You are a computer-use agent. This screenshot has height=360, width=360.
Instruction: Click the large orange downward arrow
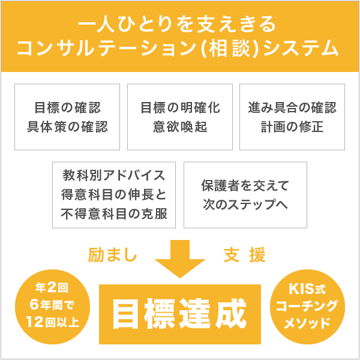click(180, 259)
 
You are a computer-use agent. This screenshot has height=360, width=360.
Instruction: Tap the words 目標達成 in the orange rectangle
click(179, 314)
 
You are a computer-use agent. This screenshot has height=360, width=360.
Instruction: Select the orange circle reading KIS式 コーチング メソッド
click(307, 307)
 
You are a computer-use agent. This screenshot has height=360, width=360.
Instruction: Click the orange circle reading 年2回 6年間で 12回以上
click(53, 307)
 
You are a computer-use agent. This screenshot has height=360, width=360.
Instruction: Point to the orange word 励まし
click(113, 254)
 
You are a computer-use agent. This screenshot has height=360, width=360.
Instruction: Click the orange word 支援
click(245, 254)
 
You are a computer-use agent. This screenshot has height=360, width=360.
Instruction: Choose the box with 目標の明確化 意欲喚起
click(180, 117)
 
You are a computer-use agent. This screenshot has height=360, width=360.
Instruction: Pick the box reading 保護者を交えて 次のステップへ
click(245, 195)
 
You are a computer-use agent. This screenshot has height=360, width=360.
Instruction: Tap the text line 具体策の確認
click(67, 127)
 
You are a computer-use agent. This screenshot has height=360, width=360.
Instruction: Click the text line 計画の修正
click(292, 127)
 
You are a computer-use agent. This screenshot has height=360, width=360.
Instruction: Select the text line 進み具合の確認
click(292, 107)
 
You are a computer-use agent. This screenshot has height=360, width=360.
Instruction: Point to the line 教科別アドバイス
click(114, 175)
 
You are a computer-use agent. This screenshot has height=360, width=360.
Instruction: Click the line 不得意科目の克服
click(114, 214)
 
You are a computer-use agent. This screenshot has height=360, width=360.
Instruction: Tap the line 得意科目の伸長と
click(114, 194)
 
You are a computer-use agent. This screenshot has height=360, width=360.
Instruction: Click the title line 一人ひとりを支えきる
click(177, 24)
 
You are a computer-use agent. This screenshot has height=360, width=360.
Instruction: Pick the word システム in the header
click(301, 49)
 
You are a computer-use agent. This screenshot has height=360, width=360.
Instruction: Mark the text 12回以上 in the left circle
click(53, 322)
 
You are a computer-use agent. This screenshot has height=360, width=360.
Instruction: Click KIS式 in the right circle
click(307, 289)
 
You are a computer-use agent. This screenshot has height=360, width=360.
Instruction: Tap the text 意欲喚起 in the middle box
click(180, 127)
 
